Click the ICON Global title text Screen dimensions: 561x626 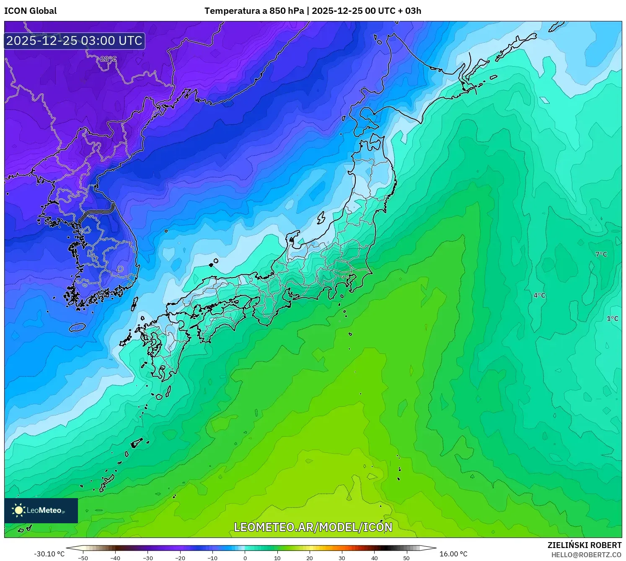[30, 11]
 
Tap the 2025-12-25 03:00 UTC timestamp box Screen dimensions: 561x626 [75, 41]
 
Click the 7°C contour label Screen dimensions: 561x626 [601, 254]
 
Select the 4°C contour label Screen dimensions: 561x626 [539, 296]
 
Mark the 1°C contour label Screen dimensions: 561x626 [612, 319]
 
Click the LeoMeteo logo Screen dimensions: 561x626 [41, 510]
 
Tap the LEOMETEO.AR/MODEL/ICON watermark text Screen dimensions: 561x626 [313, 527]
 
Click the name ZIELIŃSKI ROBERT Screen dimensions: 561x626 [584, 545]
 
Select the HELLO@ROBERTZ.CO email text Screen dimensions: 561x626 [586, 555]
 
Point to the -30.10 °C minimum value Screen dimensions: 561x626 [49, 554]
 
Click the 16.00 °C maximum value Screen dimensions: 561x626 [453, 554]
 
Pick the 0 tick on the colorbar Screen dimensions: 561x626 [245, 558]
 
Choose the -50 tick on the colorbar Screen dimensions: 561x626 [83, 558]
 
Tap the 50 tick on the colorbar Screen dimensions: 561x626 [406, 558]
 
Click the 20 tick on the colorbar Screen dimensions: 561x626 [310, 558]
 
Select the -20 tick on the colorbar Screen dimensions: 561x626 [180, 558]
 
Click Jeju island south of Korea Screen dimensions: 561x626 [77, 327]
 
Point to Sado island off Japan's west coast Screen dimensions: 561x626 [321, 218]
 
